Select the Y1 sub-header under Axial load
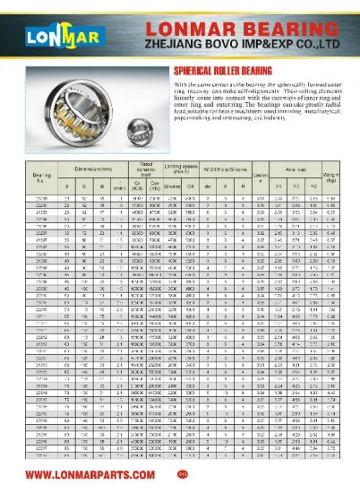coord(281,186)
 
